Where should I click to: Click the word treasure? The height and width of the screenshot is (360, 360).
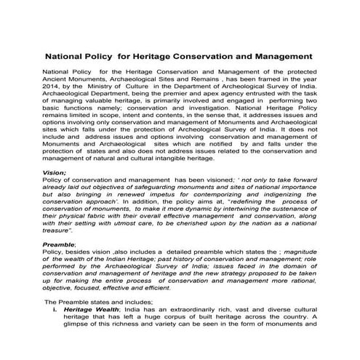60,235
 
